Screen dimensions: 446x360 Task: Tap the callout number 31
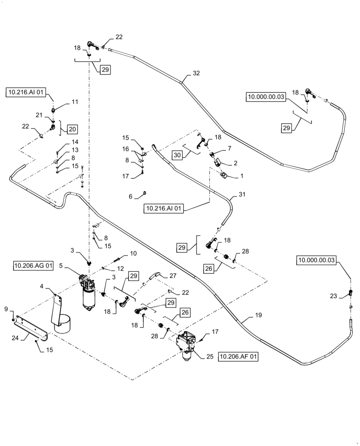pyautogui.click(x=242, y=194)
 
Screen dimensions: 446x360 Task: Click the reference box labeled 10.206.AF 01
pyautogui.click(x=238, y=357)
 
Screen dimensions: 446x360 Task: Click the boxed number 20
pyautogui.click(x=72, y=129)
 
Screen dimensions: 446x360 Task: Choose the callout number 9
pyautogui.click(x=6, y=309)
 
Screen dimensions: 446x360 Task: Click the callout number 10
pyautogui.click(x=133, y=253)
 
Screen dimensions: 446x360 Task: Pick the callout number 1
pyautogui.click(x=242, y=176)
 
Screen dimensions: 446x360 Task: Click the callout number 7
pyautogui.click(x=229, y=148)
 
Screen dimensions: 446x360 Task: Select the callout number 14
pyautogui.click(x=75, y=142)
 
